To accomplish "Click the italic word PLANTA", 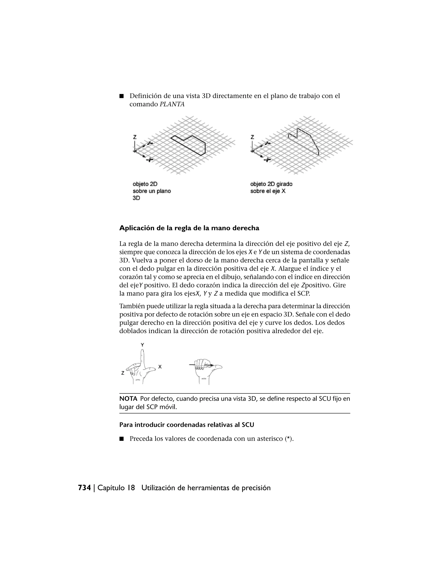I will [172, 104].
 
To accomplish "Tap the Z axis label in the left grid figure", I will [135, 137].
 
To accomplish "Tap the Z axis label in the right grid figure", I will [252, 137].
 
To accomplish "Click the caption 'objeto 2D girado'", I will [271, 184].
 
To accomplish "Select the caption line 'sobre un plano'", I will [152, 191].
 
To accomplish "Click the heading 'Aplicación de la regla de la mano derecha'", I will [189, 228].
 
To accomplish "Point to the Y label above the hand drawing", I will [142, 345].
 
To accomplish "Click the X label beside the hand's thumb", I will [160, 367].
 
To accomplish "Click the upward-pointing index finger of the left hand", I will [142, 358].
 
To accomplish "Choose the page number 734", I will [84, 488].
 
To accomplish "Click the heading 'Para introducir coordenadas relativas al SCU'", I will [186, 425].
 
